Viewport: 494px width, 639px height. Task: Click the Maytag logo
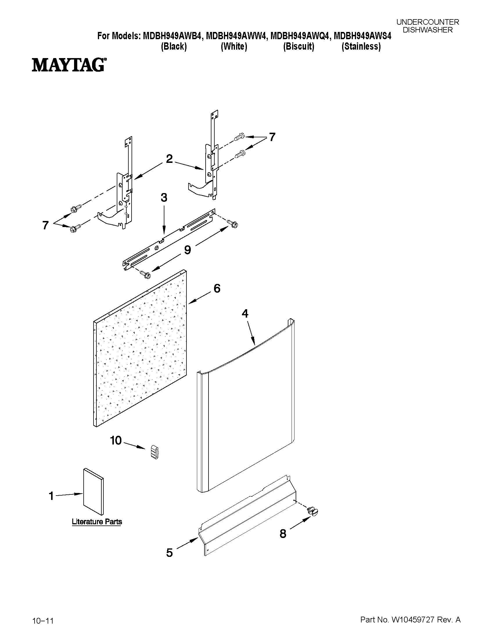[69, 65]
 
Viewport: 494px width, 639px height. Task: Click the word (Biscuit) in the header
[299, 46]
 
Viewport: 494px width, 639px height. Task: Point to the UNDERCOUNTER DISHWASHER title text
[427, 26]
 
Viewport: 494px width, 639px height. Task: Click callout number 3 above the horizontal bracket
[164, 198]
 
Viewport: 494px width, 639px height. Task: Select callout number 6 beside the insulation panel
[217, 289]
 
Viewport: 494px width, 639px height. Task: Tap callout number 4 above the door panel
[245, 314]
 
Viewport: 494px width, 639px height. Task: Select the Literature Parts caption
[97, 521]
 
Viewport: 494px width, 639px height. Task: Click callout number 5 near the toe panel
[169, 553]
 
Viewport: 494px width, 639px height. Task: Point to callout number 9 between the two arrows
[187, 250]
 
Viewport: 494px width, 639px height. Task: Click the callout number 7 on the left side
[45, 225]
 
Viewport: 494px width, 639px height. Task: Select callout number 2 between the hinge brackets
[169, 159]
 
